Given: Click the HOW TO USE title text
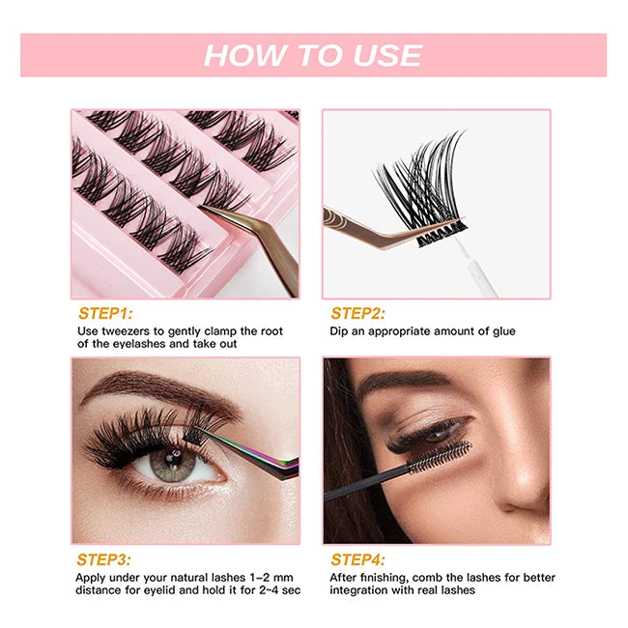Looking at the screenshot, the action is (313, 55).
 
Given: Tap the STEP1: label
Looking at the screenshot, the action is (105, 313).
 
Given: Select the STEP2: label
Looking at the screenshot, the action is (357, 313).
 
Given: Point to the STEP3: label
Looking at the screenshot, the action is (103, 559).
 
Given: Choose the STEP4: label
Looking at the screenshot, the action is (357, 559).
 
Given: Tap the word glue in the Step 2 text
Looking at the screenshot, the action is (503, 331).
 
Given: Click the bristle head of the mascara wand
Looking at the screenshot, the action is (440, 457).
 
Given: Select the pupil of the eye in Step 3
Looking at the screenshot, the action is (174, 457).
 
